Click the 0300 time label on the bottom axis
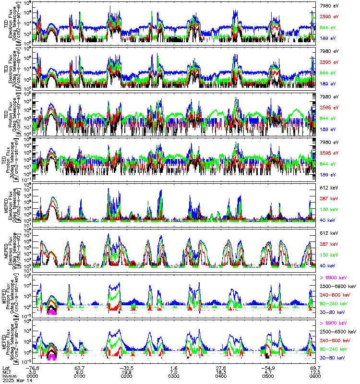174,376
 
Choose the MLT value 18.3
221,371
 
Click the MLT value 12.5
315,371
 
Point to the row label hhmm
9,376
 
